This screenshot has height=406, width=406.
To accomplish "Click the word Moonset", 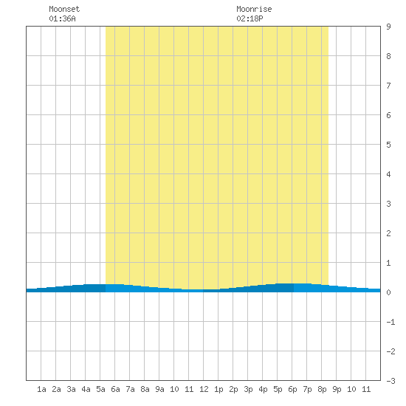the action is [x=64, y=9].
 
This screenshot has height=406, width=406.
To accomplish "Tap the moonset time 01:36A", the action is [x=63, y=18].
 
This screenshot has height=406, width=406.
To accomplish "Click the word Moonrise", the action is [x=254, y=9].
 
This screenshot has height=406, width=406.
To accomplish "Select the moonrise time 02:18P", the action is [x=250, y=18].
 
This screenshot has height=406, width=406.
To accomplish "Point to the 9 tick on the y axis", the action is [x=388, y=27].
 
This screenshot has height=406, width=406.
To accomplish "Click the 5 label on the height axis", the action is [x=388, y=145].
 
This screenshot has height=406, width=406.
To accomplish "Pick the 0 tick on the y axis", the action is [x=388, y=292].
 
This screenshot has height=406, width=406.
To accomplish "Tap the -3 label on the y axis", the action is [x=390, y=381].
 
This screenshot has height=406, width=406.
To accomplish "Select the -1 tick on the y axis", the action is [x=390, y=322].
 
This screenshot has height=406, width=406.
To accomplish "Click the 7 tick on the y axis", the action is [x=388, y=86].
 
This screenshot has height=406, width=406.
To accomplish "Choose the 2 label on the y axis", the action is [x=388, y=233].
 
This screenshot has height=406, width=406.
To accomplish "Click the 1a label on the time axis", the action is [x=41, y=389].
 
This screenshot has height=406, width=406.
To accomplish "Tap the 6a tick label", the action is [x=115, y=389].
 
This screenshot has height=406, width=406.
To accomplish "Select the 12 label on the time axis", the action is [x=204, y=389].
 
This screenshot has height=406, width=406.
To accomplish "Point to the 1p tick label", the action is [x=219, y=389].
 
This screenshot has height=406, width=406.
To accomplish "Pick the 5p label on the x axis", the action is [x=278, y=389].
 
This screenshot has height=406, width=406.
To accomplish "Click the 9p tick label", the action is [x=337, y=389].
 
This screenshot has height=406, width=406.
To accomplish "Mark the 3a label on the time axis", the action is [x=71, y=389].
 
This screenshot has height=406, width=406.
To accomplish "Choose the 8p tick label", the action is [x=322, y=389].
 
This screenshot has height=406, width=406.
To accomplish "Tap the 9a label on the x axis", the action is [x=159, y=389].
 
